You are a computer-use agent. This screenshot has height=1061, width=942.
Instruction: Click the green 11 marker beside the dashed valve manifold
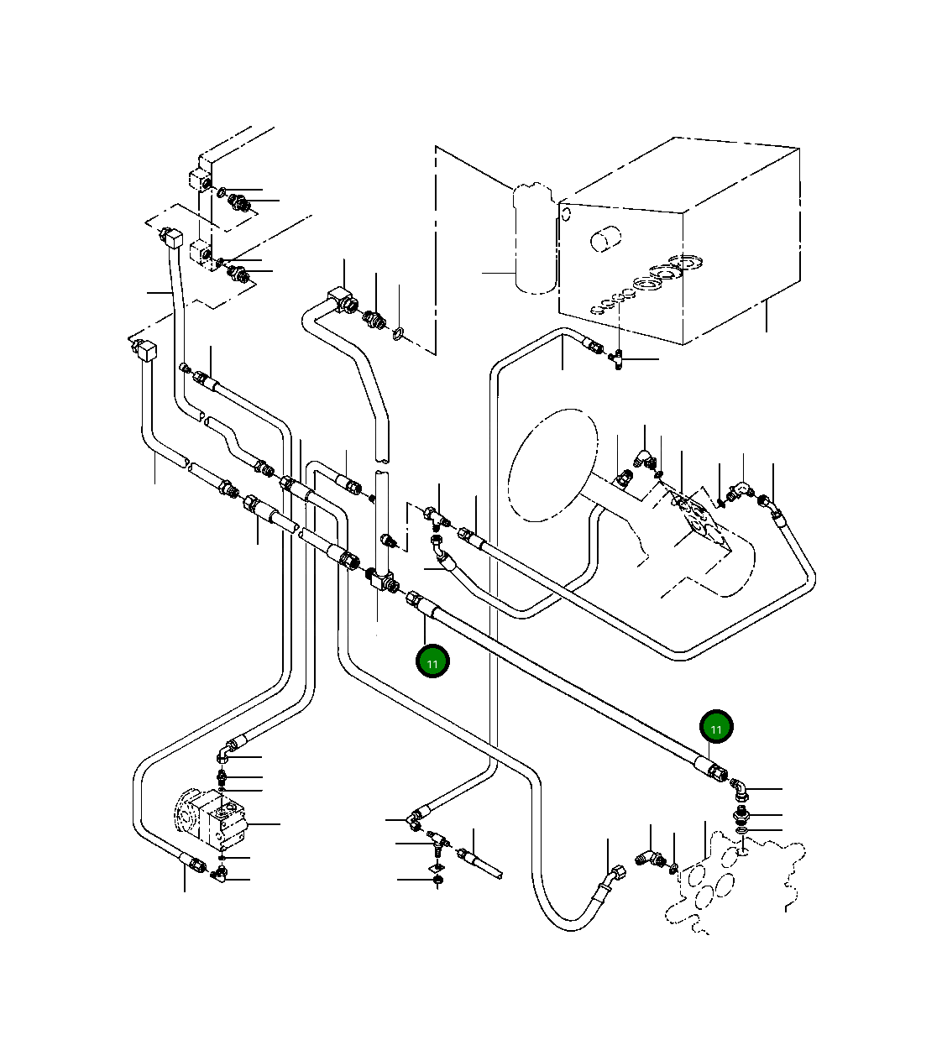tap(716, 728)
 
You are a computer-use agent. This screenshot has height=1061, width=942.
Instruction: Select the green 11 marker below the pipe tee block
tap(432, 661)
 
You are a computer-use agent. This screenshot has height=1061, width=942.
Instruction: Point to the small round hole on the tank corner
tap(566, 213)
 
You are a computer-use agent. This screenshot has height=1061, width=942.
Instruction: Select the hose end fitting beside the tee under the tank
tap(594, 344)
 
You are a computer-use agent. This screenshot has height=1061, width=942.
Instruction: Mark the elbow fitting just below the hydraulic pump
tap(220, 876)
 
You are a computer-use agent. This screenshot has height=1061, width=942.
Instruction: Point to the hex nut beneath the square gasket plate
tap(437, 881)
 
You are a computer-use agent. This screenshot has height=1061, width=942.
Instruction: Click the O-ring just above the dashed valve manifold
tap(742, 830)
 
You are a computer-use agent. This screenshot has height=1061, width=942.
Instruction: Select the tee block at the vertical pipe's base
tap(384, 579)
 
